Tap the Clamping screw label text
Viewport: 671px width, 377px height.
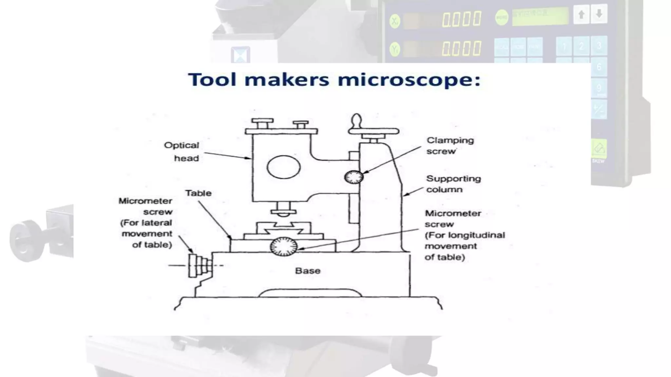pyautogui.click(x=450, y=146)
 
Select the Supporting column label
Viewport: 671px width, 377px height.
pyautogui.click(x=453, y=184)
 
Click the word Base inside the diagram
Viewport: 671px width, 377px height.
pyautogui.click(x=308, y=271)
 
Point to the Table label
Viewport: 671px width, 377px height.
pyautogui.click(x=198, y=193)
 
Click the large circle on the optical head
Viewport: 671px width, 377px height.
pyautogui.click(x=283, y=167)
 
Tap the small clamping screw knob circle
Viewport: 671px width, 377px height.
pyautogui.click(x=354, y=177)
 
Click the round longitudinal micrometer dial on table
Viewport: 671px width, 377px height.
pyautogui.click(x=284, y=246)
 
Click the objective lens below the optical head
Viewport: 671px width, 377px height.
pyautogui.click(x=283, y=209)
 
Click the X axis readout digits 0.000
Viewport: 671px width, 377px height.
pyautogui.click(x=462, y=19)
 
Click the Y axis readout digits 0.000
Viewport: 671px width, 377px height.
pyautogui.click(x=462, y=48)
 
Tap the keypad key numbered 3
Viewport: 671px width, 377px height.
pyautogui.click(x=599, y=46)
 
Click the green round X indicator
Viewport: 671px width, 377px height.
pyautogui.click(x=395, y=22)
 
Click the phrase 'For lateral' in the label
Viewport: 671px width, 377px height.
pyautogui.click(x=146, y=223)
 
